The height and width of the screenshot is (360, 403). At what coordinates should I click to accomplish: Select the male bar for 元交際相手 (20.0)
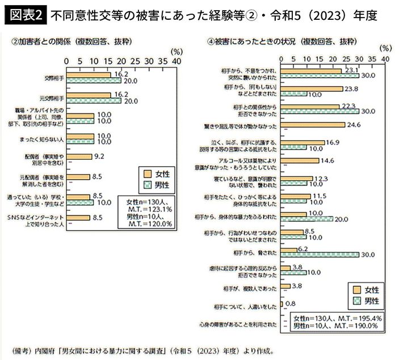click(94, 101)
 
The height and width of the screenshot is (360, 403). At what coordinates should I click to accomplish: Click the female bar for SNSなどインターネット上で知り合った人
click(78, 217)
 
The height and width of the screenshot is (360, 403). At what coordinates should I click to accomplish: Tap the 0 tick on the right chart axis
click(280, 58)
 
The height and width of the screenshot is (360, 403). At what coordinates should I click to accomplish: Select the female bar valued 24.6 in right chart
click(313, 125)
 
